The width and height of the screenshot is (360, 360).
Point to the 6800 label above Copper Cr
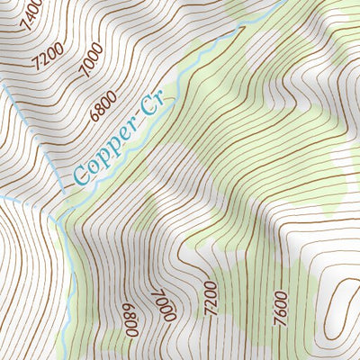point(106,106)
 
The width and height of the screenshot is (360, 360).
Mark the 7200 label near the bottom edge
point(211,296)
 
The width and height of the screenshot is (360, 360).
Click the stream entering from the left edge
point(22,200)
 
